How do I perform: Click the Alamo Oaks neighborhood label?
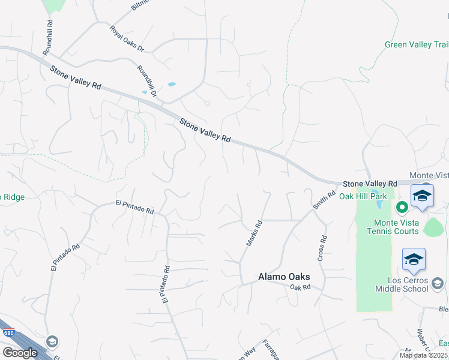click(x=284, y=277)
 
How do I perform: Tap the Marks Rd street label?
click(x=255, y=233)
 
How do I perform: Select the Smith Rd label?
click(x=324, y=200)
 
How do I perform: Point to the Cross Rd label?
click(x=322, y=248)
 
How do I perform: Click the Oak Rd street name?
click(x=300, y=288)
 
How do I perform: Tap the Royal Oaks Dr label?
click(x=127, y=38)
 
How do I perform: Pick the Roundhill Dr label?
click(x=146, y=82)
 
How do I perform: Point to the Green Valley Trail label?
click(x=416, y=44)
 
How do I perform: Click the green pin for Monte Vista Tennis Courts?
click(x=402, y=208)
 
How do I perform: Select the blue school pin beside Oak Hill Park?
click(x=422, y=196)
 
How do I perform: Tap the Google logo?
click(x=20, y=353)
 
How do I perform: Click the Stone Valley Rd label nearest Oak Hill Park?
click(x=370, y=183)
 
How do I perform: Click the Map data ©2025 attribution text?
click(x=424, y=355)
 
